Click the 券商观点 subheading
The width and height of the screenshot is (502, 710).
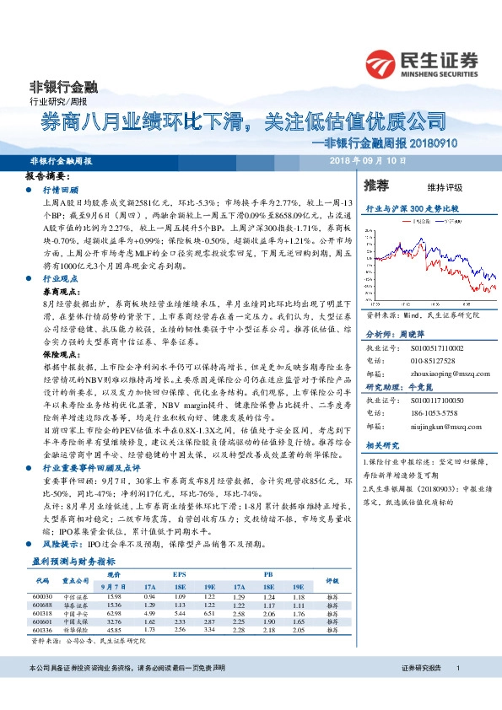(x=60, y=288)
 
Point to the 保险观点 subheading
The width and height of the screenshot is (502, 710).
(x=60, y=355)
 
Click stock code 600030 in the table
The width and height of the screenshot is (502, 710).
(x=44, y=598)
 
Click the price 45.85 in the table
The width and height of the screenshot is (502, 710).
(x=115, y=629)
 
